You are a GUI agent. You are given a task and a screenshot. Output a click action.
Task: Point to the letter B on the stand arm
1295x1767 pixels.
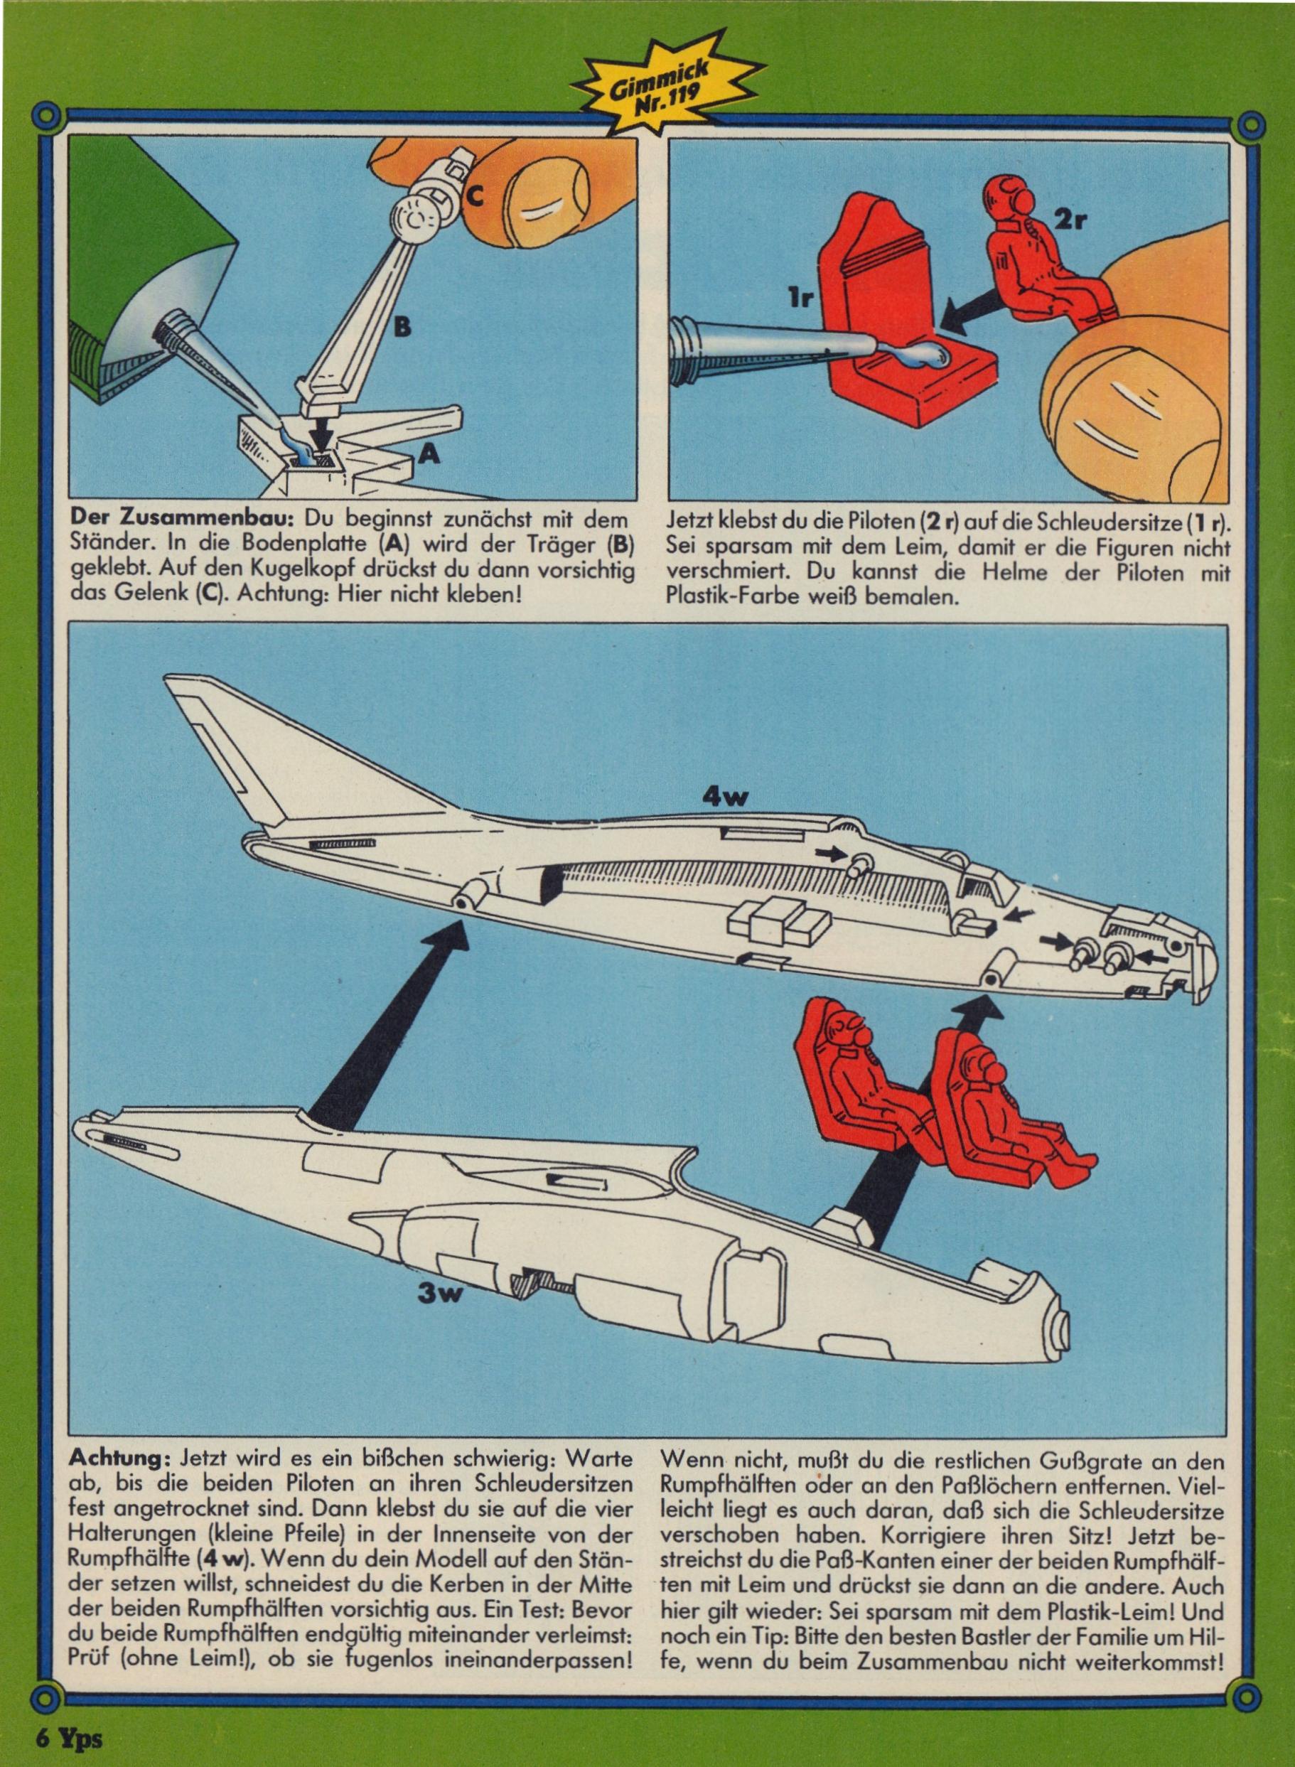pos(402,327)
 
